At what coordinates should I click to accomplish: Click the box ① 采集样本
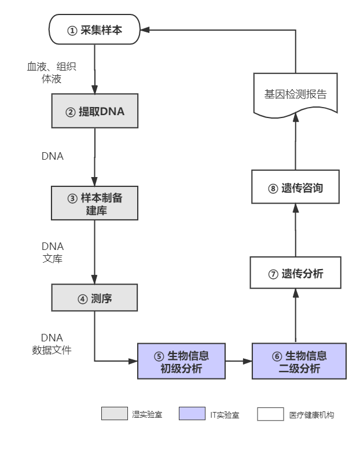[94, 30]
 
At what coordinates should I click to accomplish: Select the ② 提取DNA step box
[94, 112]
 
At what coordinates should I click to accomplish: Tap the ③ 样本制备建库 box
[94, 204]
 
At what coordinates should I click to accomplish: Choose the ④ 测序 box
[94, 299]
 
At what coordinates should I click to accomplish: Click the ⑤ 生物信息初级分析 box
[181, 362]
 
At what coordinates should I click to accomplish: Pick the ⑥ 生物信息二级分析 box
[299, 362]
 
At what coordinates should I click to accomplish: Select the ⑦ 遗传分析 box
[295, 274]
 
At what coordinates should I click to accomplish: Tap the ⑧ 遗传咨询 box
[295, 188]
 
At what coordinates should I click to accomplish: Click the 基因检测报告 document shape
[295, 94]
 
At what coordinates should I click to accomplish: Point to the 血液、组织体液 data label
[52, 72]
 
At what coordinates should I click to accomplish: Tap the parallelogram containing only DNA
[53, 156]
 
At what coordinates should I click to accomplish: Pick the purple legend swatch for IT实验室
[192, 414]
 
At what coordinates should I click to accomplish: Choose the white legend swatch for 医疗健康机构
[271, 414]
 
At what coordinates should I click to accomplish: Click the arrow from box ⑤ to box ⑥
[238, 362]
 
